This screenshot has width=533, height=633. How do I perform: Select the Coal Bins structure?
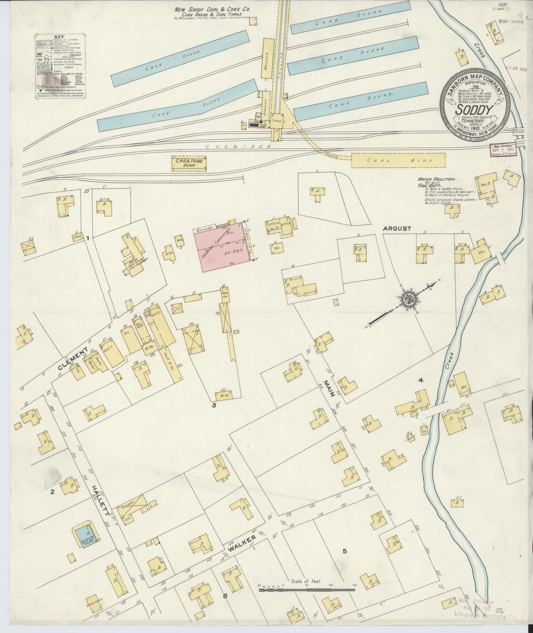(x=398, y=160)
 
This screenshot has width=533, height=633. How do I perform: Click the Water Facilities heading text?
(x=434, y=179)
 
